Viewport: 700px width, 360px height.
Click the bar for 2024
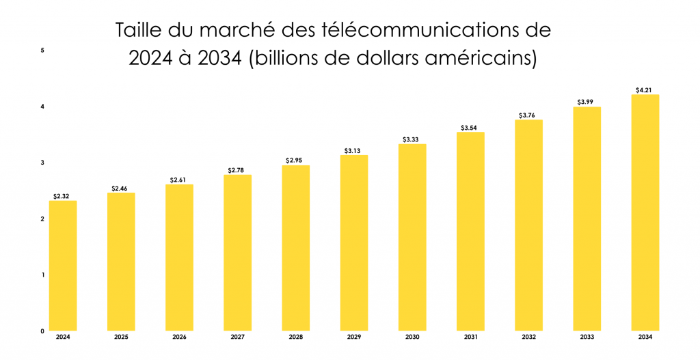63,266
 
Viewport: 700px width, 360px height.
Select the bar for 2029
354,243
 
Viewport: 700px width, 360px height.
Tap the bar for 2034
645,212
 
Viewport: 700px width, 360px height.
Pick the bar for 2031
470,232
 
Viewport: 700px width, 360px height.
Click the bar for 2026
179,258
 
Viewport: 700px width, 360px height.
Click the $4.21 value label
645,89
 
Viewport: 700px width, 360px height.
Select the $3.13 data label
354,150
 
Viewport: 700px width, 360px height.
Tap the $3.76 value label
528,115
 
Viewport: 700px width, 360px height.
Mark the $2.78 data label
237,169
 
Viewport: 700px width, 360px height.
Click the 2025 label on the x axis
121,337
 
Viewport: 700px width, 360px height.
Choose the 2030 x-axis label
412,337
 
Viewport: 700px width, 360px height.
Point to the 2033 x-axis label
587,337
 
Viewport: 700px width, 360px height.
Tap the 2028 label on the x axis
295,337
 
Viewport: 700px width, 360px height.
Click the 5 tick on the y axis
42,51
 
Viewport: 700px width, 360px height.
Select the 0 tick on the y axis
42,331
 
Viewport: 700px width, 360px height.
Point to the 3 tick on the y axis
42,163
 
